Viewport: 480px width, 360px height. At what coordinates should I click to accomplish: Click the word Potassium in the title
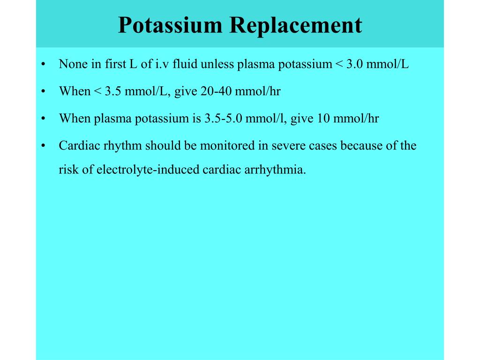170,25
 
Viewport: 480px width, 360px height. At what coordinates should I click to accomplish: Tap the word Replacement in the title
296,25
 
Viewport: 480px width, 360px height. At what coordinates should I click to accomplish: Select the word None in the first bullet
73,64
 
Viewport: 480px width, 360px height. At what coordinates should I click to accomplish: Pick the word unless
218,64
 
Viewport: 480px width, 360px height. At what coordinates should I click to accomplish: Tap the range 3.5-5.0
223,118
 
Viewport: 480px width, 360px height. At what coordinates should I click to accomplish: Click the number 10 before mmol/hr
323,118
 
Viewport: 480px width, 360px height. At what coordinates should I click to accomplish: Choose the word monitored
227,145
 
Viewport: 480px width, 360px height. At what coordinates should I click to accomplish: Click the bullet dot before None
43,64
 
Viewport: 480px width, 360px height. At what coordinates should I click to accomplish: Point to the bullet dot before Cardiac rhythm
43,145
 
